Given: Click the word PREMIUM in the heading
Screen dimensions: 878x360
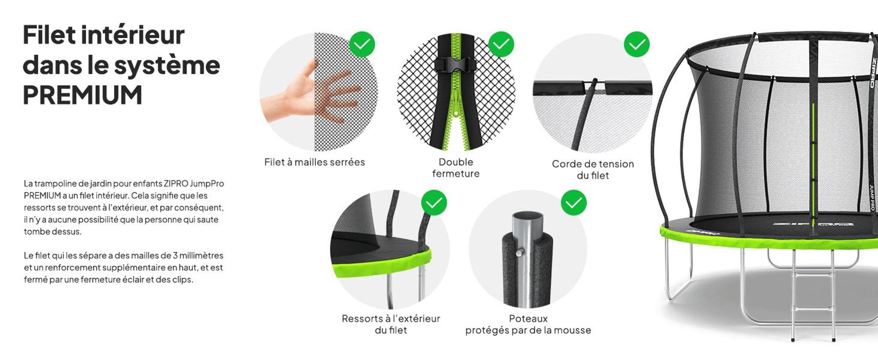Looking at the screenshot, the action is coord(83,95).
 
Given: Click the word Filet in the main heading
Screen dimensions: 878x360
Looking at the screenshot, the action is coord(48,35).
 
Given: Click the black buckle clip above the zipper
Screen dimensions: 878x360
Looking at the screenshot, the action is coord(456,65).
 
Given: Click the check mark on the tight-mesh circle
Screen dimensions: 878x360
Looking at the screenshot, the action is coord(362,44).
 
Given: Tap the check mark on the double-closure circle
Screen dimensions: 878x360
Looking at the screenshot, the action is coord(501,44).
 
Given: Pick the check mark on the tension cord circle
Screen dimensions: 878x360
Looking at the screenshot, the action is coord(637,44).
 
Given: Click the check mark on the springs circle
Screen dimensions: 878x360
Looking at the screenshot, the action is coord(434,203).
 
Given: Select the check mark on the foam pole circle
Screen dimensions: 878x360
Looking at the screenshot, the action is coord(573,203).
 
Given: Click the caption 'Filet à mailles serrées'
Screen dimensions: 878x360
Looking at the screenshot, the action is coord(314,162).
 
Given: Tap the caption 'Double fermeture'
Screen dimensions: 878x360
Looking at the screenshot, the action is coord(456,168).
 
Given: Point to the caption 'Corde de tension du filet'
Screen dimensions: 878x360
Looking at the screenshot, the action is coord(593,169).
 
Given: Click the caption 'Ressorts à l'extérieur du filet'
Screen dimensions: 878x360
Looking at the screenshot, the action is coord(391,324).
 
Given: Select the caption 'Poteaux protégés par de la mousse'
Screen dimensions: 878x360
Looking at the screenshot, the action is coord(528,324).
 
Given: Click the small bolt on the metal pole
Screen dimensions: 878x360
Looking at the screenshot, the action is coord(520,252).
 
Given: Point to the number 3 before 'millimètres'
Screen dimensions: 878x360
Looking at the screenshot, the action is coord(175,256).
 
